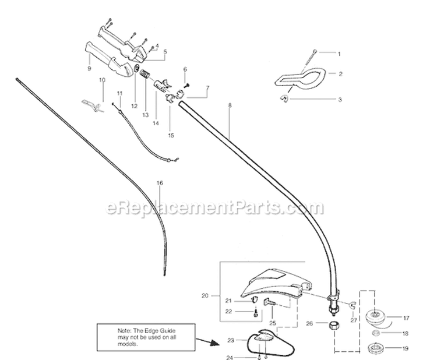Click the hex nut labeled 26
[x=334, y=325]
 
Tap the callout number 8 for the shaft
[x=230, y=105]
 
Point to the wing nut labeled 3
[x=284, y=98]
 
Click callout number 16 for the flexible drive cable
[x=160, y=183]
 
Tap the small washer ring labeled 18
[x=376, y=333]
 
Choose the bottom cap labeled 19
[x=376, y=348]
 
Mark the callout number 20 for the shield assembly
[x=205, y=296]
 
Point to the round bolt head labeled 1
[x=315, y=51]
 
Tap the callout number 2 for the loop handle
[x=340, y=74]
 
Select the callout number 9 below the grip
[x=89, y=68]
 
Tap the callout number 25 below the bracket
[x=273, y=323]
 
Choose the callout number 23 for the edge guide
[x=231, y=340]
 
